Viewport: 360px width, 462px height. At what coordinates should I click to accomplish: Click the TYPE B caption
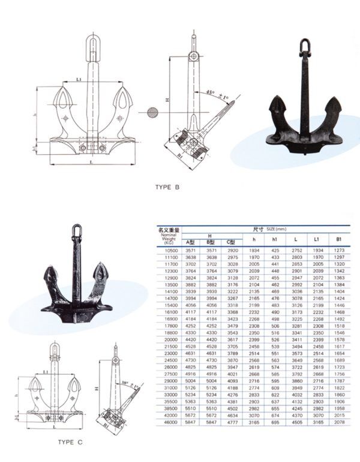coord(167,187)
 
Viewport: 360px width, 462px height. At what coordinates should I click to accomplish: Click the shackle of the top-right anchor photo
coord(305,47)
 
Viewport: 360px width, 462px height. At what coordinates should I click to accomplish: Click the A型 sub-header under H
coord(190,242)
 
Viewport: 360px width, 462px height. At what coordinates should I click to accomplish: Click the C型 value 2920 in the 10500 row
coord(231,249)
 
